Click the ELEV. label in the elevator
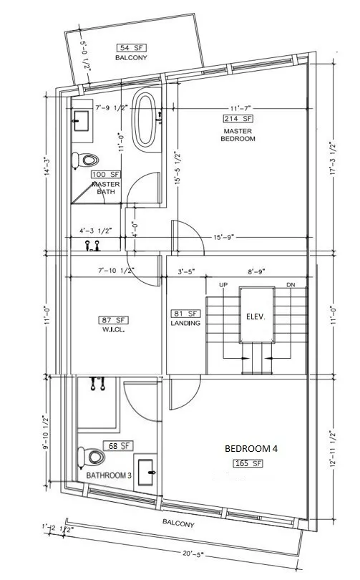[256, 316]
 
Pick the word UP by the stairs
[223, 285]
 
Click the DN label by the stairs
[291, 285]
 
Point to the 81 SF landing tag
[180, 313]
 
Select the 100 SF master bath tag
[105, 175]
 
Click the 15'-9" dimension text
[222, 237]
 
